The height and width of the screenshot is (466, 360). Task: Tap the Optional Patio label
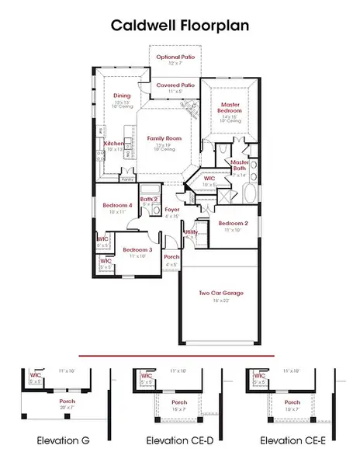click(175, 57)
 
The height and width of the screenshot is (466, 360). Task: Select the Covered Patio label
click(175, 85)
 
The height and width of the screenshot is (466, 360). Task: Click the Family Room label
click(163, 137)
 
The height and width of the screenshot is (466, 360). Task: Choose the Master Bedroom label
click(230, 108)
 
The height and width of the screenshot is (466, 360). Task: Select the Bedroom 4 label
click(117, 205)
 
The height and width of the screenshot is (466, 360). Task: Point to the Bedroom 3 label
click(136, 249)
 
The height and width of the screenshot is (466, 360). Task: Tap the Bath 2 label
click(150, 200)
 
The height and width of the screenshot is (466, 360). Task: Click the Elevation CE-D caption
click(178, 440)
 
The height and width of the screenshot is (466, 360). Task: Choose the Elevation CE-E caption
click(291, 440)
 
